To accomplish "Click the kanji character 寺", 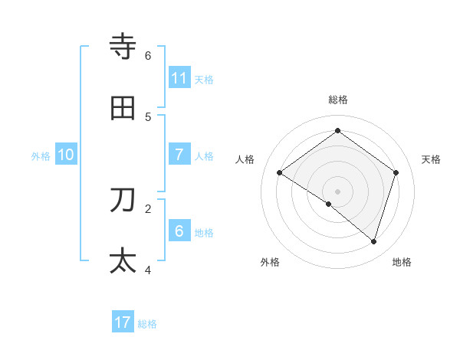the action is coord(123,47).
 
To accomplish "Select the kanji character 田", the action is coord(123,109).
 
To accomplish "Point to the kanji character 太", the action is coord(123,260).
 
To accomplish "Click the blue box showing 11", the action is coord(179,78).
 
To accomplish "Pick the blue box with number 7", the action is coord(179,155).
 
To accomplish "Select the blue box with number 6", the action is coord(179,231).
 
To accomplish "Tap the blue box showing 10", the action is coord(66,155).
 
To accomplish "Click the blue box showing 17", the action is coord(123,322).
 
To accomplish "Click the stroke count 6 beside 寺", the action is coord(148,56).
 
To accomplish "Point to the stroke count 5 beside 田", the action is coord(148,117).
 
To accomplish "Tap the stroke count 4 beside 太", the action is coord(148,270).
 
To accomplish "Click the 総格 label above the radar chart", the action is coord(338,100).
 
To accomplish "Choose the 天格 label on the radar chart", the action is coord(431,159).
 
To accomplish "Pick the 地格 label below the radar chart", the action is coord(402,262).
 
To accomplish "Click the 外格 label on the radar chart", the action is coord(270,262).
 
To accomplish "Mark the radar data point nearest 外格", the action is coord(329,204).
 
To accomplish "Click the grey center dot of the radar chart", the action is coord(338,191).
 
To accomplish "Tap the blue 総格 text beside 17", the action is coord(147,324).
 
